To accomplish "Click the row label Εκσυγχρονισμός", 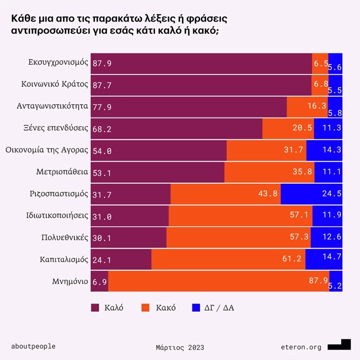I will point(58,63).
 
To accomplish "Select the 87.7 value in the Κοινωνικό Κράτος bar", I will point(102,85).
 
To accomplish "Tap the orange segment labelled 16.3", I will point(307,107).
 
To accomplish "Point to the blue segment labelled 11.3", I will point(328,128).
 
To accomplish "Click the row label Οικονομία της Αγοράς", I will point(47,150).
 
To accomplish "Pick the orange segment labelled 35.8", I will point(269,172).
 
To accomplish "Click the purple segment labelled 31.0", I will point(130,216).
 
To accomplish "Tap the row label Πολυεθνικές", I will point(65,238).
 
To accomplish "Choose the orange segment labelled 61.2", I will point(228,259).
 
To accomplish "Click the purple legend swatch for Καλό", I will point(94,307).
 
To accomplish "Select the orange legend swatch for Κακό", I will point(146,307).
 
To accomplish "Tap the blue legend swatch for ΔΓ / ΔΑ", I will point(196,307).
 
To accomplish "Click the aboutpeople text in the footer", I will point(33,347).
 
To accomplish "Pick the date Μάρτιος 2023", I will point(180,347).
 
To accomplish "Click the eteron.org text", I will point(301,347).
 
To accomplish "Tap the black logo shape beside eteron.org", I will point(339,344).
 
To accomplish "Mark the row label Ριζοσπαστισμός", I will point(59,194).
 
